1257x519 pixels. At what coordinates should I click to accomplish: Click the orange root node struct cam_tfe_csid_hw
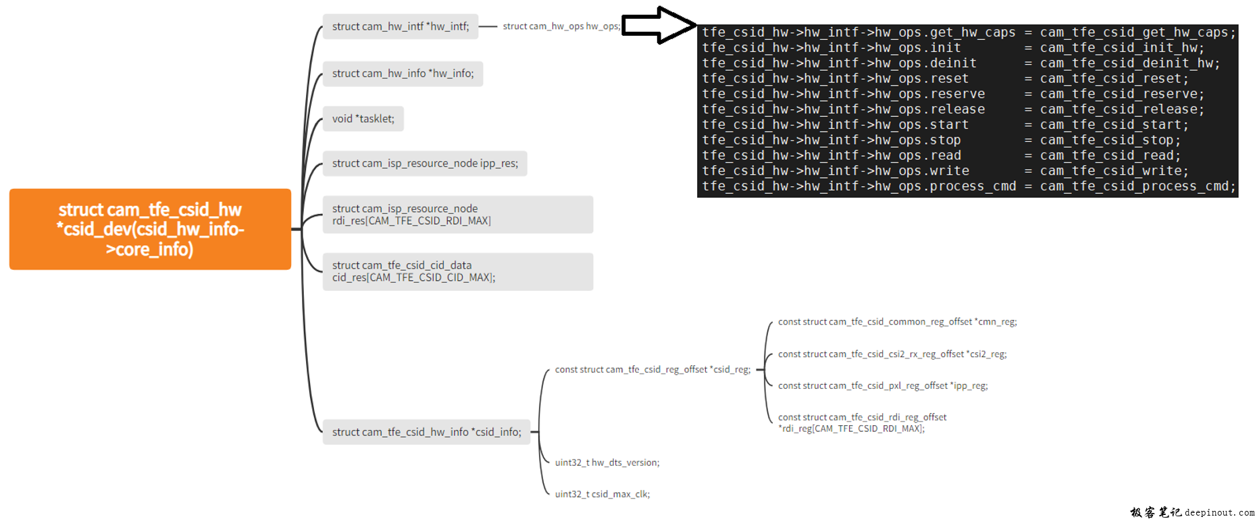click(150, 229)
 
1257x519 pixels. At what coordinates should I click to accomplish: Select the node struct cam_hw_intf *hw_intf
click(400, 26)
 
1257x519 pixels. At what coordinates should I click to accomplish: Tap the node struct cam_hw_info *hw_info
click(403, 74)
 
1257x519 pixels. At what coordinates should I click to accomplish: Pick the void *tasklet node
click(363, 119)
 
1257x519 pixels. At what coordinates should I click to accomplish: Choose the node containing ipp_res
click(424, 163)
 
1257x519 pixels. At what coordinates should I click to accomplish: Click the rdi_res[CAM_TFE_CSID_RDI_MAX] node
click(457, 215)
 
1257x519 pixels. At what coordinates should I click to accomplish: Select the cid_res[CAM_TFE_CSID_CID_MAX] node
click(457, 271)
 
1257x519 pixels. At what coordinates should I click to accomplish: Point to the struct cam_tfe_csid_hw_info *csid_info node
click(426, 432)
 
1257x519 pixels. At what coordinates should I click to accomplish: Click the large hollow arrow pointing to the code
click(657, 26)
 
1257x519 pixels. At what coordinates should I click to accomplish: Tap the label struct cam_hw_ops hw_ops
click(561, 26)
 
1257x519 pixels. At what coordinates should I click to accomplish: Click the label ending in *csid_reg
click(652, 370)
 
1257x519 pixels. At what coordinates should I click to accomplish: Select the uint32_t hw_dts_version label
click(607, 463)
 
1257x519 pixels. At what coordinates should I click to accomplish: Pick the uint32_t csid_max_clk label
click(602, 494)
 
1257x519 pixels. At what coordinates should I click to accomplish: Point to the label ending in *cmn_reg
click(897, 322)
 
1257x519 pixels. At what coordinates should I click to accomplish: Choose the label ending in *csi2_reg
click(892, 354)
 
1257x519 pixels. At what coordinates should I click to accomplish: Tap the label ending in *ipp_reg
click(882, 386)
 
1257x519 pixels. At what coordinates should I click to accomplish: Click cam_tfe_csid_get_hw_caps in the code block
click(1137, 32)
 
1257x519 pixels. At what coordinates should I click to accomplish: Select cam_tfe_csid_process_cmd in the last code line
click(1137, 186)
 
